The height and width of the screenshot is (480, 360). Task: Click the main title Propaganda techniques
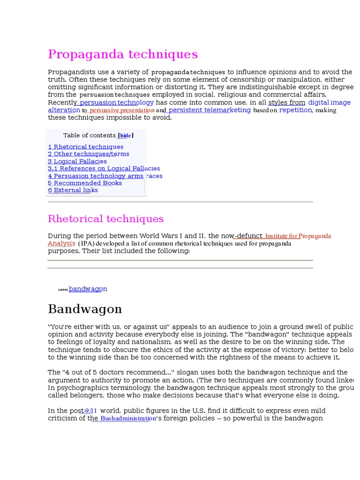tap(123, 54)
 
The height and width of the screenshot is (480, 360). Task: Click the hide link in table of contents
tap(125, 135)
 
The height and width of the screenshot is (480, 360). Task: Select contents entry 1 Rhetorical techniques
tap(86, 147)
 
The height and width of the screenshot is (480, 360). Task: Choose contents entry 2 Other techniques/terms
tap(89, 154)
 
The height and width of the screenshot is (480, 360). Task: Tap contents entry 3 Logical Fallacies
tap(77, 161)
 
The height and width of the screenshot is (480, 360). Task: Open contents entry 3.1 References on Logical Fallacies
tap(104, 168)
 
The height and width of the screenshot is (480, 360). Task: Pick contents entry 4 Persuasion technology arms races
tap(105, 176)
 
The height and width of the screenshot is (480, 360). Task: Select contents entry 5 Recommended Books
tap(85, 183)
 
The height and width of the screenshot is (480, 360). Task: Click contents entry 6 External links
tap(73, 190)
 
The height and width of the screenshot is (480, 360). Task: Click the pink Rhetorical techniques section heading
tap(105, 219)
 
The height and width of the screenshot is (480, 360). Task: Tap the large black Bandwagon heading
tap(85, 309)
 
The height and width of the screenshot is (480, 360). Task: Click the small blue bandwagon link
tap(88, 289)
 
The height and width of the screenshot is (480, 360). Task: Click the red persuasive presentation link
tap(122, 110)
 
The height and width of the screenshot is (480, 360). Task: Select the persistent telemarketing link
tap(210, 110)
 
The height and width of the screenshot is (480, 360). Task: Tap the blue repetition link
tap(295, 110)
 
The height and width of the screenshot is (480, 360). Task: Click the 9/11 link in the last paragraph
tap(90, 411)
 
